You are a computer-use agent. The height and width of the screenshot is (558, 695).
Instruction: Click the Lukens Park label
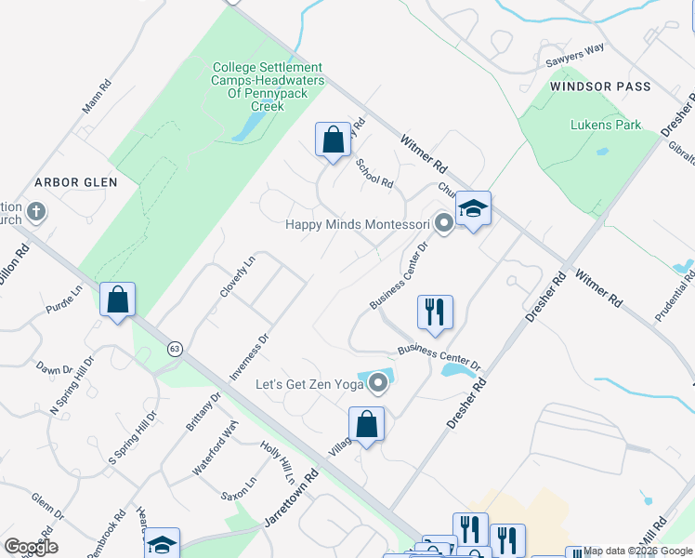607,125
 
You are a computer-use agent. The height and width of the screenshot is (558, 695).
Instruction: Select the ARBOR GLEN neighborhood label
77,182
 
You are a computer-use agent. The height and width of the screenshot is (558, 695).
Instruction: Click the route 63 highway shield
175,348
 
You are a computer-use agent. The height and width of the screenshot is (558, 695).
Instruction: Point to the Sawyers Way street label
575,54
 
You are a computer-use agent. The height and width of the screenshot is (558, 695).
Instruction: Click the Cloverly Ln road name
237,276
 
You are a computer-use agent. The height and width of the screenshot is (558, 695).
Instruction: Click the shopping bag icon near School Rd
333,140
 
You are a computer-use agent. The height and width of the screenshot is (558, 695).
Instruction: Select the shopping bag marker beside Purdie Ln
118,299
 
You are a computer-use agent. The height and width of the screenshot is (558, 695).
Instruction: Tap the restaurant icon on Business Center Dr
435,312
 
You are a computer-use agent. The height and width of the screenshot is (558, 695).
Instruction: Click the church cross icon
36,212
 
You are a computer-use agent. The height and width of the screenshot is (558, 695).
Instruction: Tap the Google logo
31,546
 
